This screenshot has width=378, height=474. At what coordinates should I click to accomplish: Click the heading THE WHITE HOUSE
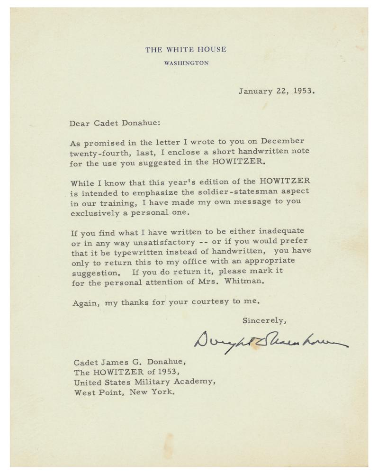(x=186, y=49)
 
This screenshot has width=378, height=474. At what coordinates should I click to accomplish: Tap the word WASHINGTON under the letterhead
(x=186, y=63)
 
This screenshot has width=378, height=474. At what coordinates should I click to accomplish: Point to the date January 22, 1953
(x=276, y=91)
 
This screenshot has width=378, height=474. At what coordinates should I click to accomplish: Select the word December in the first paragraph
(x=281, y=142)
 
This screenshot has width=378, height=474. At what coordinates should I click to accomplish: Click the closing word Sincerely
(x=264, y=320)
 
